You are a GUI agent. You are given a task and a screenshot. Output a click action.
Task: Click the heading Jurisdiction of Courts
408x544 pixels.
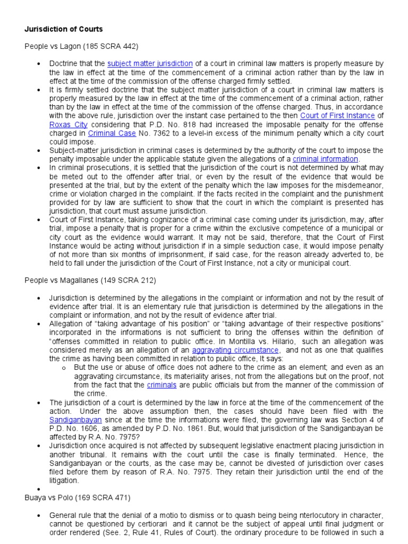click(x=64, y=29)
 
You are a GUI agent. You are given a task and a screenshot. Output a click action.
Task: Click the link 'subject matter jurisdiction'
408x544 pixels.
click(x=150, y=64)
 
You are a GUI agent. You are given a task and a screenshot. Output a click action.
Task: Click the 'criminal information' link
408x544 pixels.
click(x=326, y=159)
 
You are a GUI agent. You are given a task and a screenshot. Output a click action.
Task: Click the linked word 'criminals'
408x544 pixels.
click(x=162, y=385)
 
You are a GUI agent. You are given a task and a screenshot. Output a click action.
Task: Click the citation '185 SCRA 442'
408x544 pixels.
click(x=100, y=47)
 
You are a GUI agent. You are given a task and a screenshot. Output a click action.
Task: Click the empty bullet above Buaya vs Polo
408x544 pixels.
click(x=39, y=489)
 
